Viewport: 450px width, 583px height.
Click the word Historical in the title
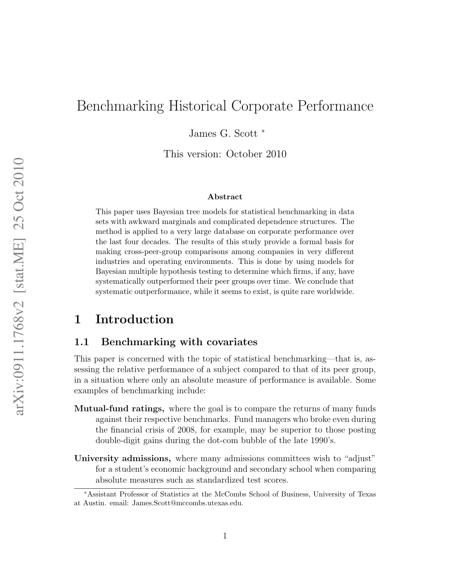198,106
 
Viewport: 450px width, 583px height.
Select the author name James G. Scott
223,133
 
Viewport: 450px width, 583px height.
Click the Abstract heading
225,197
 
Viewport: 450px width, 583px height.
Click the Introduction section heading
134,319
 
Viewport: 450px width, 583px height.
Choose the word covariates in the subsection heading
232,342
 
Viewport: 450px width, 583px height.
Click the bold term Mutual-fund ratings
119,409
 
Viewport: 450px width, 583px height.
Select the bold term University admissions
123,459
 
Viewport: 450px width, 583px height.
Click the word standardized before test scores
220,480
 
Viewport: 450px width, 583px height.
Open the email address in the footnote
187,503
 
